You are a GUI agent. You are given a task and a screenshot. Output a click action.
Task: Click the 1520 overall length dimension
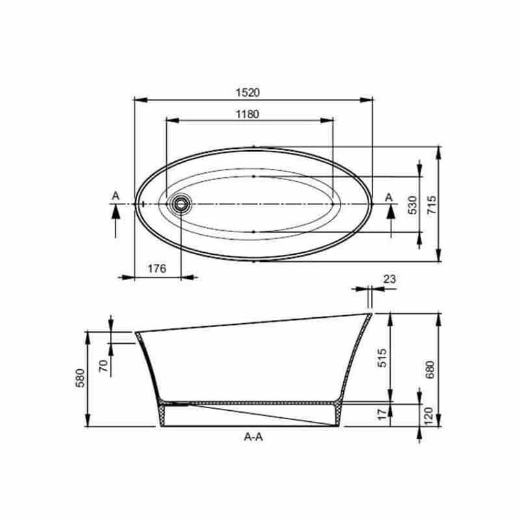248,92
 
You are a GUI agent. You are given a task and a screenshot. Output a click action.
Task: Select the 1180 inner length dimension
248,114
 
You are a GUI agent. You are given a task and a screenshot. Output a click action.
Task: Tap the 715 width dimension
432,205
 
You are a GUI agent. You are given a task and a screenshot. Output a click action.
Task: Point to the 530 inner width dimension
412,205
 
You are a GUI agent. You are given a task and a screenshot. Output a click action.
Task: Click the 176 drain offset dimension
157,268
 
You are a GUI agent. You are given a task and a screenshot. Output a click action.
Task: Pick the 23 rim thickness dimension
389,279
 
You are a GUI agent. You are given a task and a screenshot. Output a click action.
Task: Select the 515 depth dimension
382,357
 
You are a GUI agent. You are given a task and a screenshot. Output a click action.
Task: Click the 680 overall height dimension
430,369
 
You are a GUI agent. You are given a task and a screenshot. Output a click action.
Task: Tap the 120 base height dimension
429,416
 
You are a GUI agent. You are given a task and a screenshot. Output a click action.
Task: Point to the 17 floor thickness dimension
382,414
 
